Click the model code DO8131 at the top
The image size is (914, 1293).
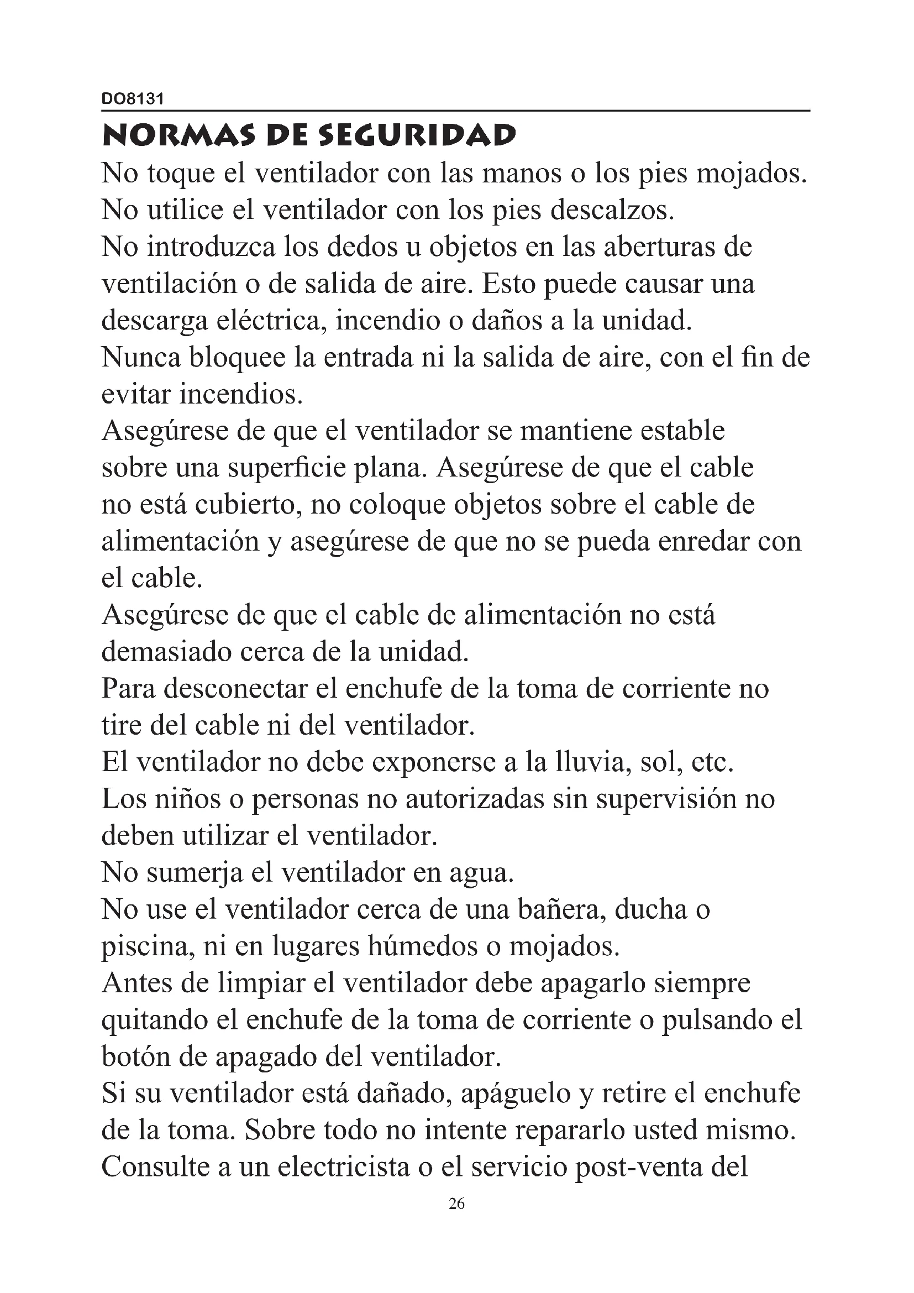[132, 99]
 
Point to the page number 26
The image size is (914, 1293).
[456, 1204]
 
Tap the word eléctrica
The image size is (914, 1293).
[274, 321]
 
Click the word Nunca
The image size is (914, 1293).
[141, 358]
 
